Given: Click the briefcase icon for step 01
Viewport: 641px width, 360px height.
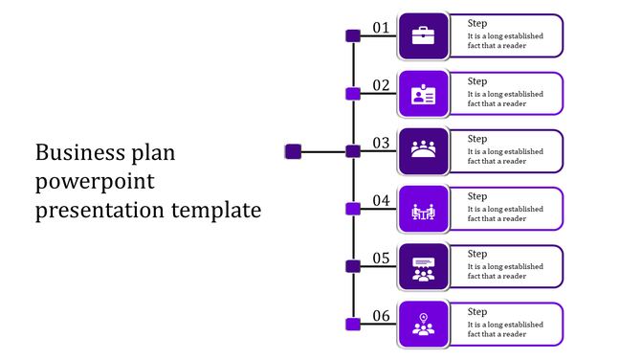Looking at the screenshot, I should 423,36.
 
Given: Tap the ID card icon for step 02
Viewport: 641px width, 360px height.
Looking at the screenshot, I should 423,94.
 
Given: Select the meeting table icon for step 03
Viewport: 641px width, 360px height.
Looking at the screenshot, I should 423,151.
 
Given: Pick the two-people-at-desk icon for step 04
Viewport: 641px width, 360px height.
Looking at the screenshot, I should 423,210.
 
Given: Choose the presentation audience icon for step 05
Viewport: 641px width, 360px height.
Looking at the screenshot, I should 423,267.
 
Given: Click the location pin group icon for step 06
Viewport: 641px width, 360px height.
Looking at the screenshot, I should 423,324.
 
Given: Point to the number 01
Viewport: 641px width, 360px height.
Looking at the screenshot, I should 381,28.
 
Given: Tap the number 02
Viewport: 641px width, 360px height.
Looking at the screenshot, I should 381,85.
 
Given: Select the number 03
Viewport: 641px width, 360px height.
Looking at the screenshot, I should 381,143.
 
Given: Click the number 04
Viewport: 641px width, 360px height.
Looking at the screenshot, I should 381,200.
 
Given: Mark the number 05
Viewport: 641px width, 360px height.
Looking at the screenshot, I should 381,258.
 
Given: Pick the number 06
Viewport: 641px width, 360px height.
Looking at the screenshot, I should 381,315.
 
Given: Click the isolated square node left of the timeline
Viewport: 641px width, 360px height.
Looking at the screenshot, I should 294,151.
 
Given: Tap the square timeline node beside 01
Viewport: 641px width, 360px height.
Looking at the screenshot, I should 352,36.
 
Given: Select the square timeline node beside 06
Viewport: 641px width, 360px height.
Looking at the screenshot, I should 352,324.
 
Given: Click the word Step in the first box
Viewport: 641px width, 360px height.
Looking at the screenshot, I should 477,24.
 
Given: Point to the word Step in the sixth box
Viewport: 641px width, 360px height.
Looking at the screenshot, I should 477,311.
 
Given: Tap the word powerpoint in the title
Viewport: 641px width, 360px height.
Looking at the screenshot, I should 94,182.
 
